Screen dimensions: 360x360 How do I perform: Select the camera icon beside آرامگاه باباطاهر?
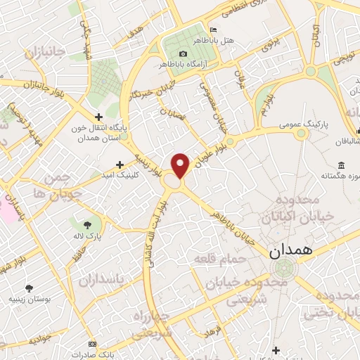click(184, 54)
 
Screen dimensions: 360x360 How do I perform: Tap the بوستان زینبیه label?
click(29, 299)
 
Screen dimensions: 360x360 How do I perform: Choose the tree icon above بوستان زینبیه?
click(29, 288)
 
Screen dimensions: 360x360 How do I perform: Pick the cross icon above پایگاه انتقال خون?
click(99, 116)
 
